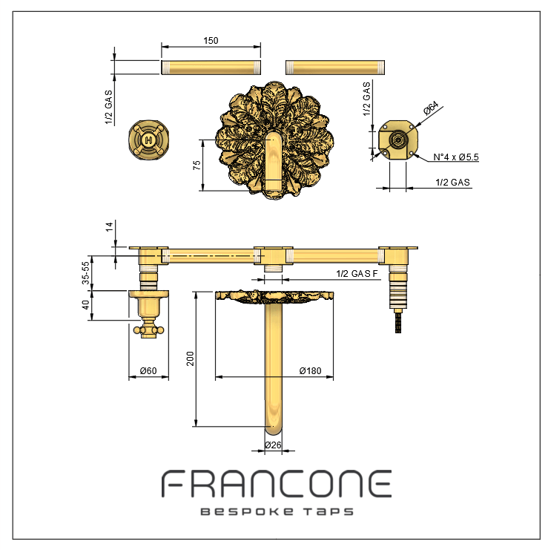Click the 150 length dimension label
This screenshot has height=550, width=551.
pyautogui.click(x=211, y=41)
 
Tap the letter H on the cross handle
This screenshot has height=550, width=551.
pyautogui.click(x=148, y=140)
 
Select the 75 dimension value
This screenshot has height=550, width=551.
pyautogui.click(x=197, y=165)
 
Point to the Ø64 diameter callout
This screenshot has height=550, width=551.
pyautogui.click(x=431, y=108)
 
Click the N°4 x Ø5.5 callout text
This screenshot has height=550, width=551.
pyautogui.click(x=456, y=157)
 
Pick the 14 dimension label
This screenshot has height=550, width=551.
pyautogui.click(x=110, y=226)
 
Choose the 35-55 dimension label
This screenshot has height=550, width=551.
pyautogui.click(x=85, y=273)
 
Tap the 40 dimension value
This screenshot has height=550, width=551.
pyautogui.click(x=85, y=305)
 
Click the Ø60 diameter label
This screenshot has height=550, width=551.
pyautogui.click(x=148, y=370)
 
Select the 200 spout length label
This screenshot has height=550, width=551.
pyautogui.click(x=190, y=359)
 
